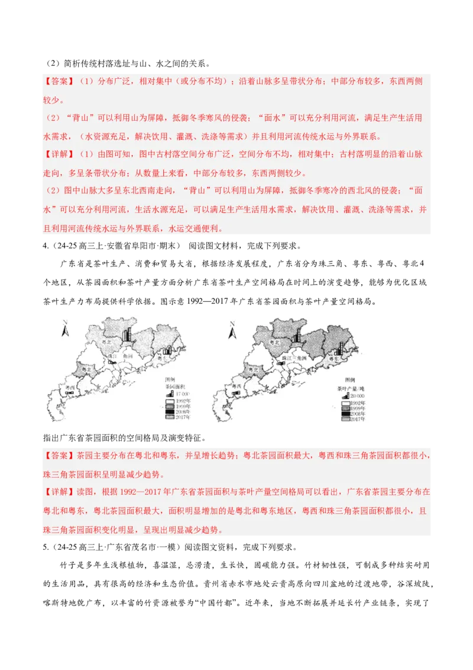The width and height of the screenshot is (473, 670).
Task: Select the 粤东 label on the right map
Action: click(333, 359)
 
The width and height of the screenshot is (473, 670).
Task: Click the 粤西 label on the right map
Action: click(239, 389)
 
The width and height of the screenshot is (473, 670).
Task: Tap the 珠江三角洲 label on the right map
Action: click(293, 357)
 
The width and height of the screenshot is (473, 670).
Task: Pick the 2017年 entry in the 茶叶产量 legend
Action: click(351, 419)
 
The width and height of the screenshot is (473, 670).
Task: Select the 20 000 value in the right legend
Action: click(355, 395)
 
